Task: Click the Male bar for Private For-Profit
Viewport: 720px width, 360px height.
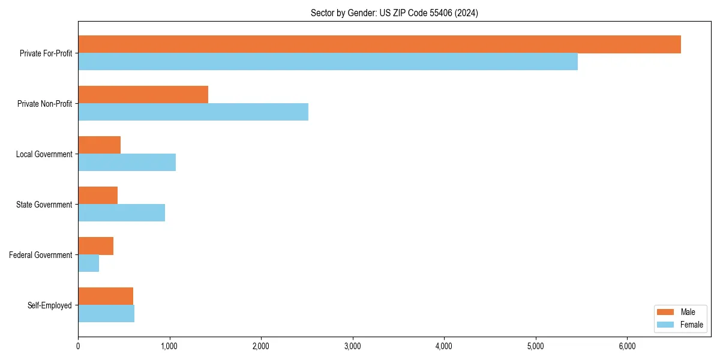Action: click(379, 44)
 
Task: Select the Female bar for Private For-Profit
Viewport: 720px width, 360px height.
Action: click(328, 62)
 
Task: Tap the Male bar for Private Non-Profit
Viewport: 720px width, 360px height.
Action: click(143, 95)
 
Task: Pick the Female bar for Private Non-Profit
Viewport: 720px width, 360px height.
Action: click(193, 112)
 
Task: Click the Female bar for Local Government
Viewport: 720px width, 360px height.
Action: click(127, 163)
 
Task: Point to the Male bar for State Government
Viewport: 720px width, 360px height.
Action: click(98, 196)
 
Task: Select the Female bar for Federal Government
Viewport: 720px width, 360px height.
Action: click(88, 263)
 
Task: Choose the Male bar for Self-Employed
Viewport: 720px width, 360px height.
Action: click(106, 296)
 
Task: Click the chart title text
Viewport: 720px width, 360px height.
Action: click(394, 13)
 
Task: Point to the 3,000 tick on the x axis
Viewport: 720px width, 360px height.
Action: click(353, 346)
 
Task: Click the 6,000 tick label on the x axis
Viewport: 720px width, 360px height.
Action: click(627, 346)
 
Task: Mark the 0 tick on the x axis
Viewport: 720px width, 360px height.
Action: click(78, 346)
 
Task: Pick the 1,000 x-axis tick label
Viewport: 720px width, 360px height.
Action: click(169, 346)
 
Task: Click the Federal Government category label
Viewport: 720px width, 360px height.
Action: click(41, 255)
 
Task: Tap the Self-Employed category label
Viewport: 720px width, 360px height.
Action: click(50, 305)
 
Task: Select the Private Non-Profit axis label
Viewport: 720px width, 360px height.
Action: click(44, 104)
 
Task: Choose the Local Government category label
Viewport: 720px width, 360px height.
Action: click(44, 154)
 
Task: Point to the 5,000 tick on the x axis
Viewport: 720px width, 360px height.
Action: click(535, 346)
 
